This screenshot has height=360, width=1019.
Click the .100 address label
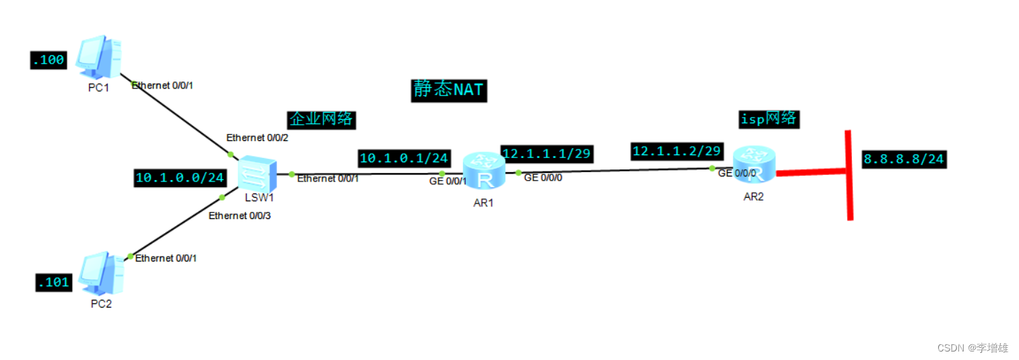tap(49, 60)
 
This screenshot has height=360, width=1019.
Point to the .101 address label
tap(54, 283)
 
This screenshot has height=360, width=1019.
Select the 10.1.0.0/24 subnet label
tap(179, 178)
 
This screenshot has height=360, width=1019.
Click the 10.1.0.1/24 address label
tap(404, 157)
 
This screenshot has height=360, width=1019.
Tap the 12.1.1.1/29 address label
tap(546, 153)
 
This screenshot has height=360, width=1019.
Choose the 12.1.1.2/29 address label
tap(677, 151)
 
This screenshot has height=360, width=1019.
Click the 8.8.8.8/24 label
tap(903, 159)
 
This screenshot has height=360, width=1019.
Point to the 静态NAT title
tap(449, 90)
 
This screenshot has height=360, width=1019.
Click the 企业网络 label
tap(321, 119)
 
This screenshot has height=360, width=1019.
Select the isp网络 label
tap(768, 119)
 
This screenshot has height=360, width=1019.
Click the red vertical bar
tap(849, 175)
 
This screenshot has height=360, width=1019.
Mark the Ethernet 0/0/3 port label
tap(240, 215)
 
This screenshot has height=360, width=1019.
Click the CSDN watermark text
tap(972, 348)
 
